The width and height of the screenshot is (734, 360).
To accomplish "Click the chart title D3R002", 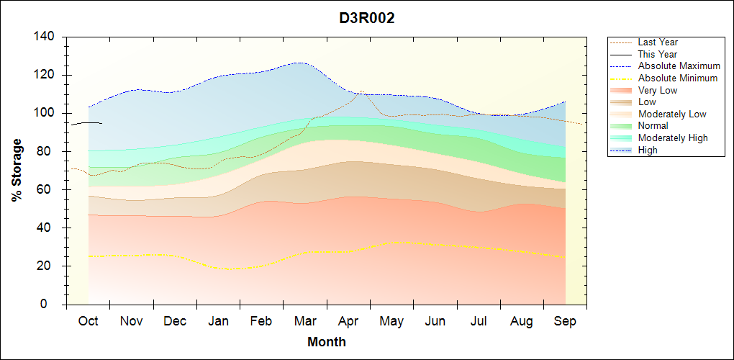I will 367,18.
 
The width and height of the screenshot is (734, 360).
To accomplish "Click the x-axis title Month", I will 327,342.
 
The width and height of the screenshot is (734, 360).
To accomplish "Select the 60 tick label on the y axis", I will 47,190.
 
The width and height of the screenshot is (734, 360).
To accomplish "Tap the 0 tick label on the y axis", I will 53,305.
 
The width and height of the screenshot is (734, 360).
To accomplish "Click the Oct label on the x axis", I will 89,321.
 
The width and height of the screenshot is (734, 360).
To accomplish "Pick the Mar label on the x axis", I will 305,321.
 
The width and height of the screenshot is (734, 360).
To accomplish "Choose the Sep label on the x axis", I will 565,321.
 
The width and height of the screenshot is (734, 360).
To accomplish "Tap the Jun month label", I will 435,321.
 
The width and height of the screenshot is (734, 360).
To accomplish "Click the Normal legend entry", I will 653,126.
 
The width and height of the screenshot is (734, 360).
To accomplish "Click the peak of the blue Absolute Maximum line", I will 297,63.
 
